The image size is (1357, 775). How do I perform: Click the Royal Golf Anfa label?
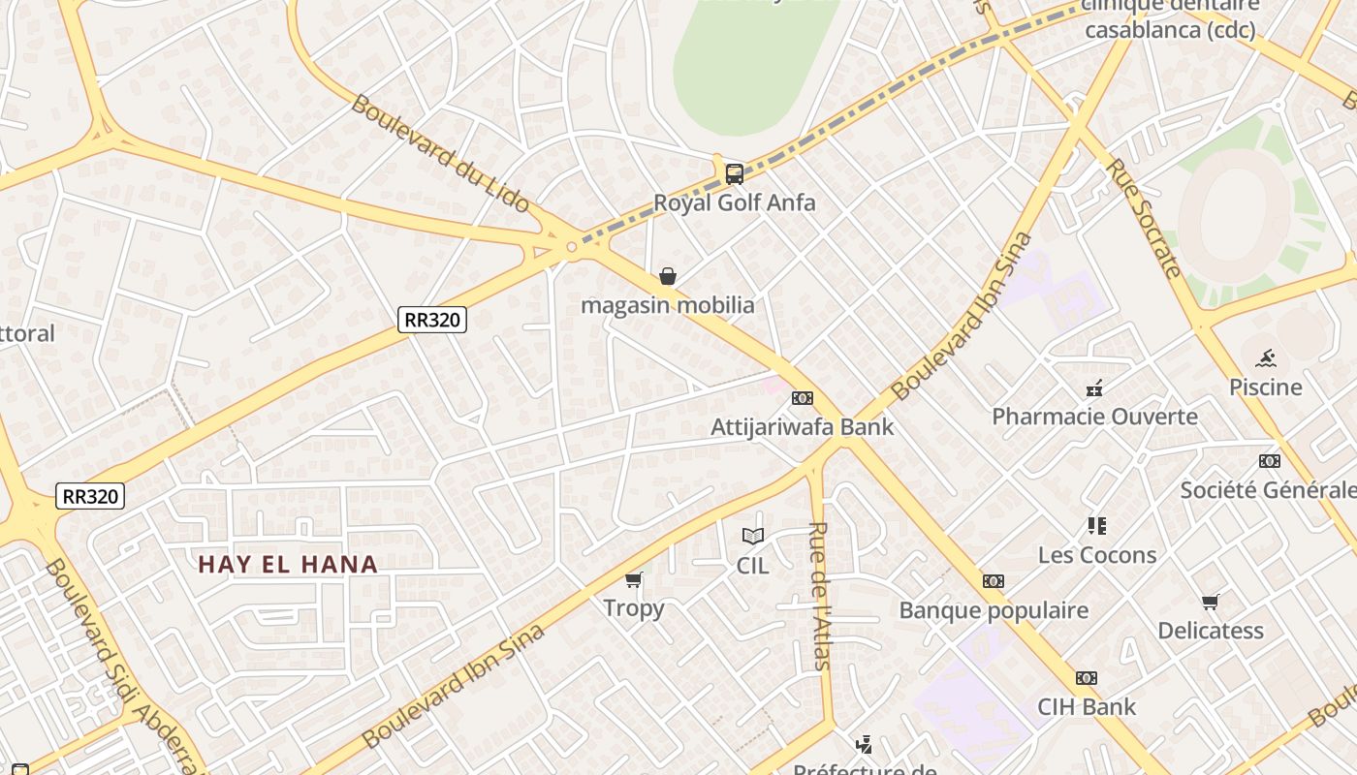pos(734,202)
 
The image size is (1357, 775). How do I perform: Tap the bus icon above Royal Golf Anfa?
pos(735,174)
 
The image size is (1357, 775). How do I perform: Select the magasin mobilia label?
pos(667,305)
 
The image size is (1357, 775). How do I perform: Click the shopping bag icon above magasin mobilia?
pos(667,277)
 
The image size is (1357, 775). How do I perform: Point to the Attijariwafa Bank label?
pos(802,426)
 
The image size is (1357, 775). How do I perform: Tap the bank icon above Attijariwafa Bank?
pos(802,398)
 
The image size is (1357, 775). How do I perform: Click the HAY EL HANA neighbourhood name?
pos(288,564)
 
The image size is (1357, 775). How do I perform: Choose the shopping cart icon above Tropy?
pos(634,579)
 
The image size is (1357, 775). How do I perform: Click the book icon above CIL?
pos(752,536)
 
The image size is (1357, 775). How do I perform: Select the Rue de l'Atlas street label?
pos(820,595)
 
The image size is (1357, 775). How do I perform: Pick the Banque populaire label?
pos(994,610)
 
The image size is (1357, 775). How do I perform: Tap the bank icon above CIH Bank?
pos(1086,678)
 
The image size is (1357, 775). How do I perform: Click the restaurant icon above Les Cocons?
pos(1096,526)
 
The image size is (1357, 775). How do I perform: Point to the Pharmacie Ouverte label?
pos(1094,417)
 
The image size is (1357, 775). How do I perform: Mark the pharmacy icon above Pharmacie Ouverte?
pos(1094,388)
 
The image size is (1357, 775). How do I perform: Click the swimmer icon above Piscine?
pos(1265,358)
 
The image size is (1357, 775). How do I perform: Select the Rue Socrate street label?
pos(1145,218)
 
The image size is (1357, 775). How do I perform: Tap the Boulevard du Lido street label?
pos(441,153)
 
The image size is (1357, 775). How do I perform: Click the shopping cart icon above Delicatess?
pos(1210,603)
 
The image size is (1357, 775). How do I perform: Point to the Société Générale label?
pos(1268,489)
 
